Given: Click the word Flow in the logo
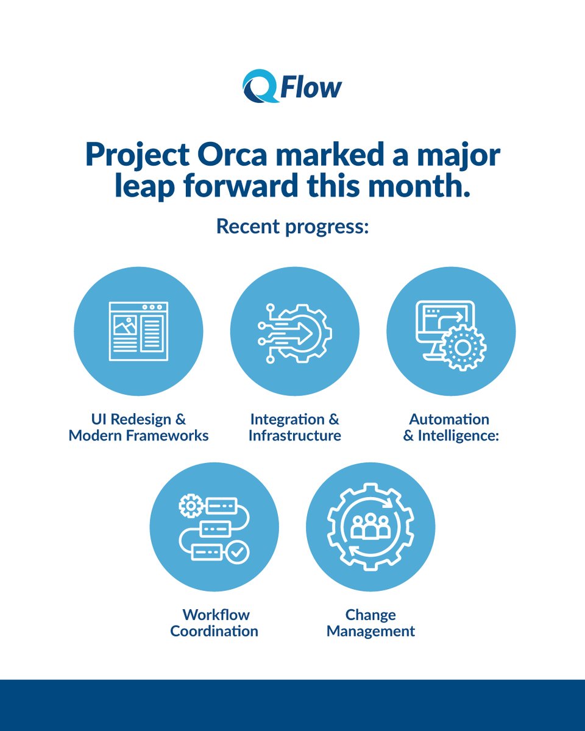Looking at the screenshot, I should click(311, 87).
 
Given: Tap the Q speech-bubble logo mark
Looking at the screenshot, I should click(259, 86).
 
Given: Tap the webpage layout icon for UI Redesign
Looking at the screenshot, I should click(138, 331).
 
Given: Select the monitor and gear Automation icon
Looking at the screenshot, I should click(451, 334).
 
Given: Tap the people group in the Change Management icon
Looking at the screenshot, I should click(370, 526).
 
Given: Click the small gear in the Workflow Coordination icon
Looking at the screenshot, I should click(191, 506).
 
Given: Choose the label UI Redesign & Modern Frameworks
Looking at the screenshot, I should click(138, 428).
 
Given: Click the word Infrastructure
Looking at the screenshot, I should click(294, 436).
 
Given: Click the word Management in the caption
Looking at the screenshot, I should click(370, 631).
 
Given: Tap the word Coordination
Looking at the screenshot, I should click(214, 631).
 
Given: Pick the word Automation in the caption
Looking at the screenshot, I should click(449, 419).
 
